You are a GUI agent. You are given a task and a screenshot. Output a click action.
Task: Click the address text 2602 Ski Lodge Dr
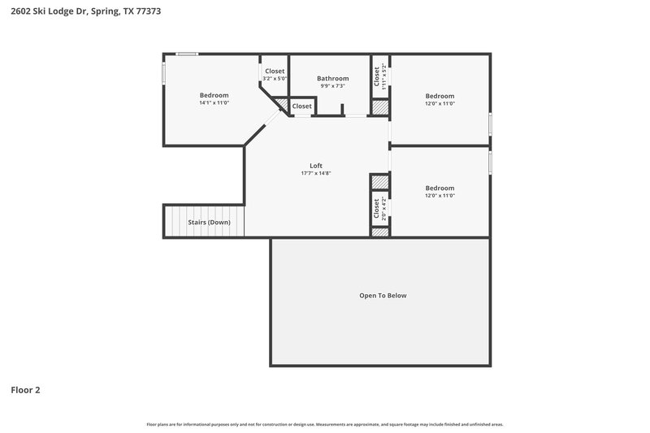(x=51, y=11)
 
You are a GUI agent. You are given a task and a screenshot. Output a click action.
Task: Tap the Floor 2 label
(x=25, y=390)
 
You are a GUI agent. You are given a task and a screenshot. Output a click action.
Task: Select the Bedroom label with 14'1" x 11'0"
(x=214, y=95)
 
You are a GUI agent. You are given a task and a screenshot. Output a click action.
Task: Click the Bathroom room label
(x=332, y=79)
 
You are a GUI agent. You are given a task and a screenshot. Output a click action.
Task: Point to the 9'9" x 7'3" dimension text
(x=332, y=86)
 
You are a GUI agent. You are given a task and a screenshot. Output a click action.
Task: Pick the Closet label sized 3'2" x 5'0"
(x=274, y=71)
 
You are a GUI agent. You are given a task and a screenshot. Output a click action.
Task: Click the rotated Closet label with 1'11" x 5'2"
(x=378, y=76)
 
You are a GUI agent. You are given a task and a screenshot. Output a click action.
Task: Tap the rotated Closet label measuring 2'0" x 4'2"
(x=378, y=208)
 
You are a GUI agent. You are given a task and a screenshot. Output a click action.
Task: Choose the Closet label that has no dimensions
(x=301, y=106)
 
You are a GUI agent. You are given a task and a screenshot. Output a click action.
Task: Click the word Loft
(x=316, y=166)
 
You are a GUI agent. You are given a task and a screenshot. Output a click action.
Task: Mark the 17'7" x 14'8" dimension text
(x=316, y=173)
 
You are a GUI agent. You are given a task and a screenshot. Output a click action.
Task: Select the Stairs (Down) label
(x=209, y=222)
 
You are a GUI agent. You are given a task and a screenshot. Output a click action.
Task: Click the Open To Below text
(x=383, y=296)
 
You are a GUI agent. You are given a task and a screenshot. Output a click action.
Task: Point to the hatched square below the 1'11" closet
(x=379, y=107)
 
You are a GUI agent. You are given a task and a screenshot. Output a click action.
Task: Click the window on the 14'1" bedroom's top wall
(x=188, y=55)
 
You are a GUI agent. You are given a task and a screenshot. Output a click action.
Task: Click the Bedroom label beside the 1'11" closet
(x=440, y=95)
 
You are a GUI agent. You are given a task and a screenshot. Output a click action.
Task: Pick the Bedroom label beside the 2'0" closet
(x=440, y=188)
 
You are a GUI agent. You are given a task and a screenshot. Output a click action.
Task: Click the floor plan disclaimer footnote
(x=324, y=424)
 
